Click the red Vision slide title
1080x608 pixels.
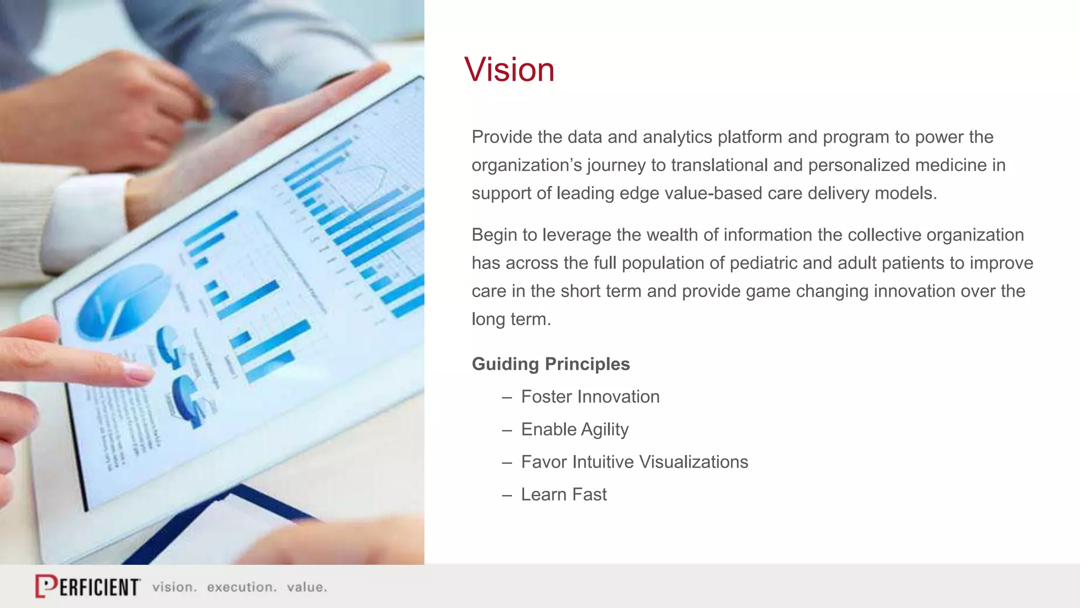pyautogui.click(x=509, y=70)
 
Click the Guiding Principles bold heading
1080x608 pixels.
pyautogui.click(x=551, y=364)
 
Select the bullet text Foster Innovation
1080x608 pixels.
pyautogui.click(x=590, y=397)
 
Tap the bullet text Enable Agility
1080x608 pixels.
pyautogui.click(x=574, y=430)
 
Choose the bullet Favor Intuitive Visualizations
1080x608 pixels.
pyautogui.click(x=634, y=462)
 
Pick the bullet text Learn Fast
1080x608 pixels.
pyautogui.click(x=564, y=495)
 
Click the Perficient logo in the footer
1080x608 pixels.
pyautogui.click(x=88, y=586)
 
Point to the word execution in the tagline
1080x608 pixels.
pyautogui.click(x=241, y=587)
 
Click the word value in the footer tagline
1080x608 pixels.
pyautogui.click(x=306, y=587)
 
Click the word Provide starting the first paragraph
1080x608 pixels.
pyautogui.click(x=502, y=137)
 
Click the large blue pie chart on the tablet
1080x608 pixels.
pyautogui.click(x=122, y=302)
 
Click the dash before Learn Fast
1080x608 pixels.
pyautogui.click(x=507, y=496)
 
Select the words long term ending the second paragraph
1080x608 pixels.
pyautogui.click(x=510, y=320)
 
